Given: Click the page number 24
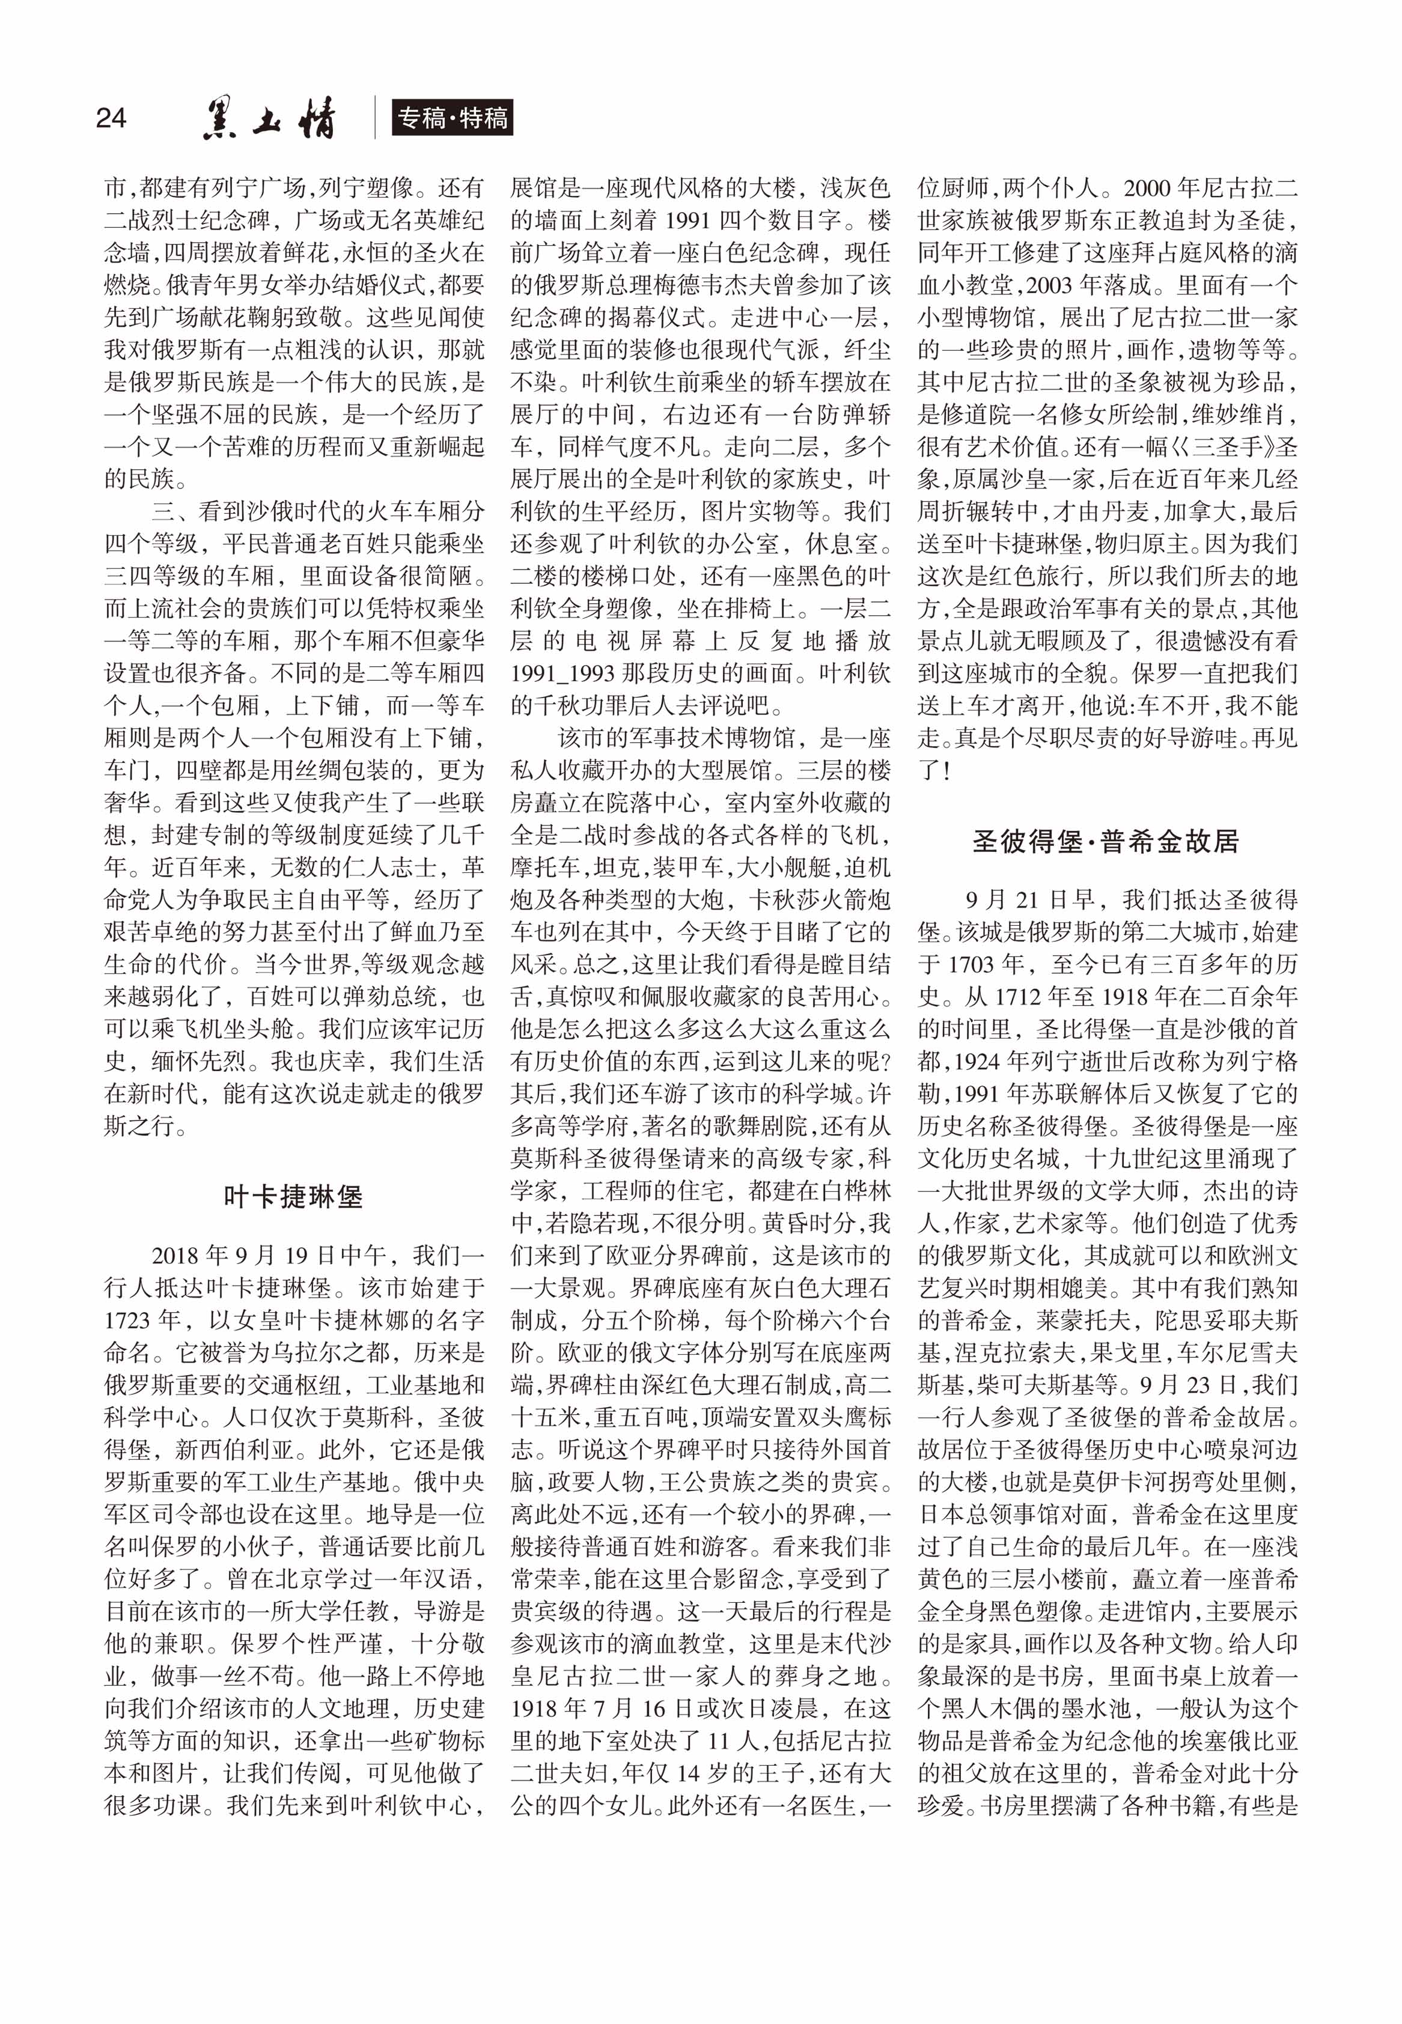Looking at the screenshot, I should [x=111, y=118].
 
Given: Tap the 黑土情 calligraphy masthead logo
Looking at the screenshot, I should [x=269, y=118].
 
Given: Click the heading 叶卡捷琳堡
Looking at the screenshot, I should [x=293, y=1196].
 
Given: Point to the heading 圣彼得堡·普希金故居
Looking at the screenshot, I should [x=1105, y=841].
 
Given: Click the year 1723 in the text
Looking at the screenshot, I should [x=131, y=1320].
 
